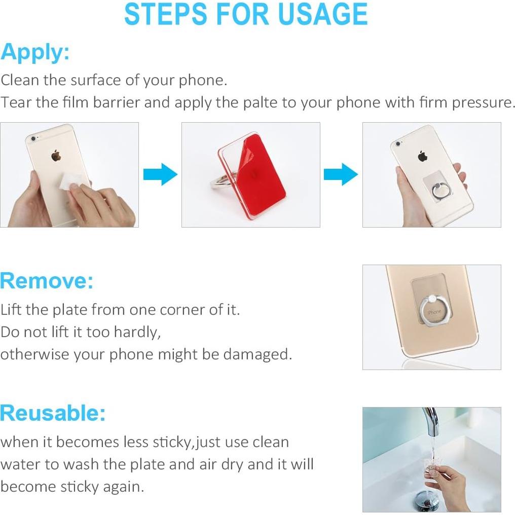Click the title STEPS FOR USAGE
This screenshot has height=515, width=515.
(x=246, y=14)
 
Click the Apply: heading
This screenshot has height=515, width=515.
(x=35, y=52)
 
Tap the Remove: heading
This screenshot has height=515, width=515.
(x=47, y=280)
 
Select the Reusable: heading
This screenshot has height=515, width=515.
(x=53, y=413)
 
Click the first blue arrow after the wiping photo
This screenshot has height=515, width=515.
(x=160, y=175)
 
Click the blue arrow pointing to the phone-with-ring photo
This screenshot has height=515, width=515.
(x=341, y=175)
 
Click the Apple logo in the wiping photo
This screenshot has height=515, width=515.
(x=56, y=155)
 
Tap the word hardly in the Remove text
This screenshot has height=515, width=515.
(x=136, y=332)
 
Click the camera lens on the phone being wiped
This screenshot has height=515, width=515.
(x=33, y=138)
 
